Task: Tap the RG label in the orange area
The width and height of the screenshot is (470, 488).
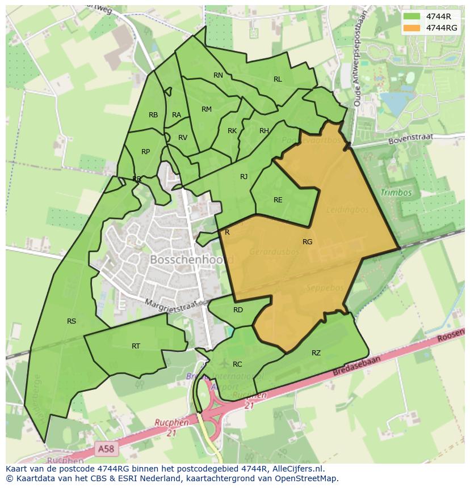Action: (307, 242)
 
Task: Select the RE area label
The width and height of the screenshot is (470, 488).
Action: (278, 200)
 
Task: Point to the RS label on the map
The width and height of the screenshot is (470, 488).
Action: (72, 321)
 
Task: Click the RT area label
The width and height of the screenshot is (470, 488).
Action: (136, 346)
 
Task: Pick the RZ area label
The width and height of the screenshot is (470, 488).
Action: (316, 353)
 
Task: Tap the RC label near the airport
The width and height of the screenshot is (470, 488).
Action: (237, 364)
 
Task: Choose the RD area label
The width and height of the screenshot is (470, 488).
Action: (238, 310)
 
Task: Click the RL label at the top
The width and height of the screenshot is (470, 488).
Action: (278, 80)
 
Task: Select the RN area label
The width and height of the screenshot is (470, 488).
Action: (218, 75)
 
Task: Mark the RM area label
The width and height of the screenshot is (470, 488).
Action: (207, 109)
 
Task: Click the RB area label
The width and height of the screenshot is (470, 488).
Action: (153, 115)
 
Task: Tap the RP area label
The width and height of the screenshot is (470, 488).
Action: (146, 152)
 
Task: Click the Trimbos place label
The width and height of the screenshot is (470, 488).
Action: (396, 193)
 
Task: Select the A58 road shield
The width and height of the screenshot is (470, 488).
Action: (105, 448)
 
